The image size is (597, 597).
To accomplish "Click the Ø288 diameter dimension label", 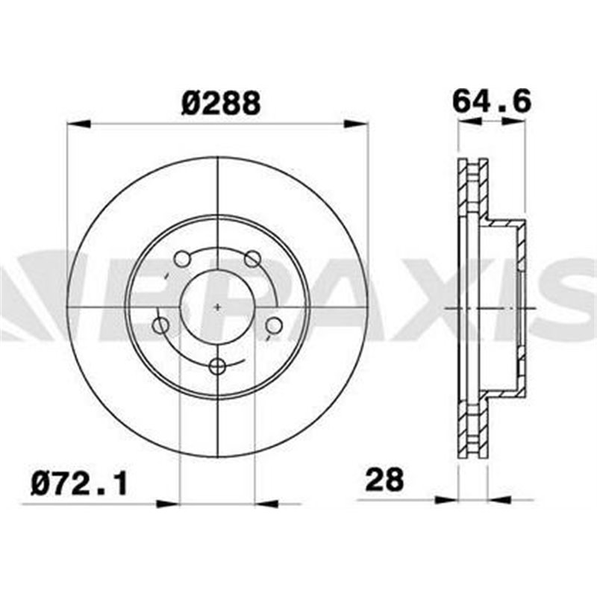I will (221, 103).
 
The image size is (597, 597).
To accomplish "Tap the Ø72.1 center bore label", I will (79, 484).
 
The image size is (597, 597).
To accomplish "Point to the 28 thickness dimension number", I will (384, 480).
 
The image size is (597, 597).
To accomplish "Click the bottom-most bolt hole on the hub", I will (218, 366).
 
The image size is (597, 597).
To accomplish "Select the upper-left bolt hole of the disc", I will (181, 259).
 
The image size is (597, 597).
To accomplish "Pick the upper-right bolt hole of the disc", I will (253, 259).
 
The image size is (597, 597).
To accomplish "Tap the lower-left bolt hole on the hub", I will (160, 325).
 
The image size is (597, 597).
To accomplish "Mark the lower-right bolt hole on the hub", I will (274, 325).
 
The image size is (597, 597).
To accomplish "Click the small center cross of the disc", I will (218, 307).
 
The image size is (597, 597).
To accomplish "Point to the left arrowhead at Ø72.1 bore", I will (169, 504).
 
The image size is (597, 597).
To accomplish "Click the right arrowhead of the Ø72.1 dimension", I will (266, 504).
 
